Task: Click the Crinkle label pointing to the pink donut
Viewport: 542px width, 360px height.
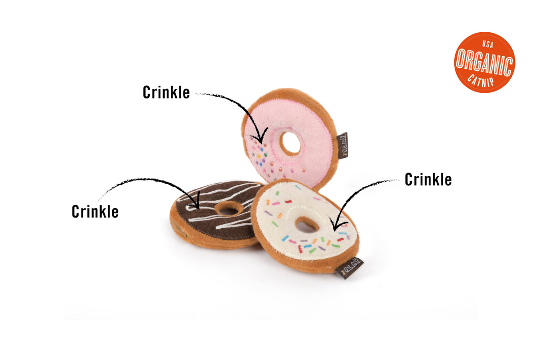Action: point(166,92)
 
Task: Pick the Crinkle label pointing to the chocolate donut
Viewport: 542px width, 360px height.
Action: point(95,211)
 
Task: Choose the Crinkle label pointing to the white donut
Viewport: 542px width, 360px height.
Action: point(428,179)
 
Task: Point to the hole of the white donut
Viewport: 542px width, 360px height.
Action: point(307,224)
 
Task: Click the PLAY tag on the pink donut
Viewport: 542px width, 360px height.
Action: point(343,145)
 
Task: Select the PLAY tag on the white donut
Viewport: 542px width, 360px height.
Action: point(349,267)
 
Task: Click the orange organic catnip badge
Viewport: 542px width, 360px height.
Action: point(484,62)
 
